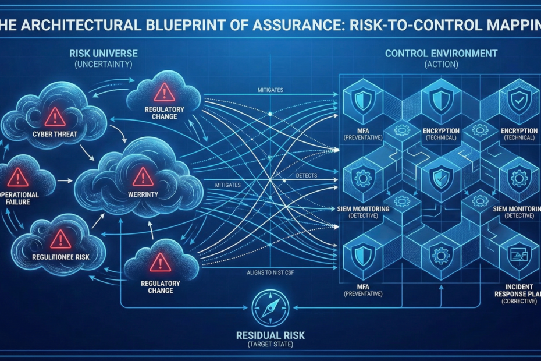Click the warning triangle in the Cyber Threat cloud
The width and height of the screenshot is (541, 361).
tap(55, 116)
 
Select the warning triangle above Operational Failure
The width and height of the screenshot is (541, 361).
tap(18, 176)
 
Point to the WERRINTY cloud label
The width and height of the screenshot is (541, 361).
tap(142, 193)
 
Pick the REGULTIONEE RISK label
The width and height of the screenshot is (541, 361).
tap(60, 257)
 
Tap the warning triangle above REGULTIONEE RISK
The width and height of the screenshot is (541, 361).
tap(60, 239)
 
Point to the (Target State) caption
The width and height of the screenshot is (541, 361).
tap(270, 346)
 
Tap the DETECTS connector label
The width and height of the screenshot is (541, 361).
tap(307, 175)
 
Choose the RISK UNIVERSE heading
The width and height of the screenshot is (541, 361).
tap(104, 53)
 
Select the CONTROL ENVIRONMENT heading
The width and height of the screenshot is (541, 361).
tap(441, 54)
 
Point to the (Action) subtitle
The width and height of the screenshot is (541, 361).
tap(441, 63)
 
